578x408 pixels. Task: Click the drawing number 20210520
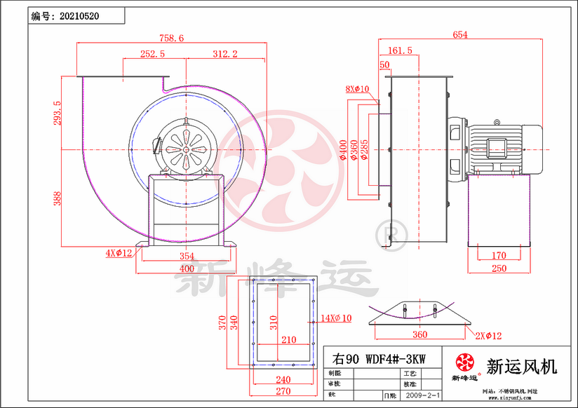pos(79,15)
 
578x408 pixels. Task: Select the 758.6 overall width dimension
pos(171,39)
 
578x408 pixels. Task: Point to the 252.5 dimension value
pos(152,53)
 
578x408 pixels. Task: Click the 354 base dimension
pos(186,257)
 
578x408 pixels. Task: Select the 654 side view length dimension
pos(460,34)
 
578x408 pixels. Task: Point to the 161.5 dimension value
pos(400,50)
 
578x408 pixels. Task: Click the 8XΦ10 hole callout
pos(357,89)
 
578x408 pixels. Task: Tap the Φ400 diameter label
pos(343,151)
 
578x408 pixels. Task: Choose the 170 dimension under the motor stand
pos(499,256)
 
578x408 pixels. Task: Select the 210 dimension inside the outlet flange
pos(288,340)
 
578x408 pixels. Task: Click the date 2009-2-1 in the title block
pos(422,396)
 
